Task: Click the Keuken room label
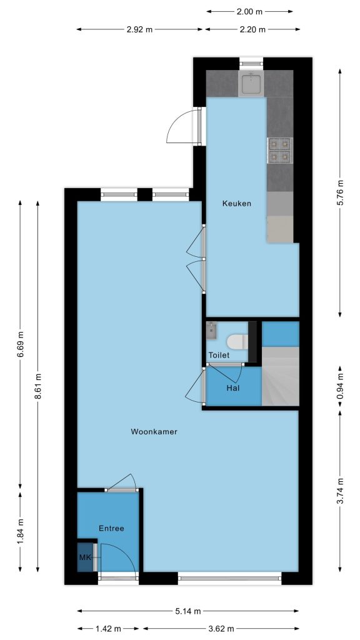236,203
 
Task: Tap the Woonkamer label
154,431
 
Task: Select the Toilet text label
219,355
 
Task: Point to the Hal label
232,387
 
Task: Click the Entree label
111,528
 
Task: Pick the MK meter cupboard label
85,557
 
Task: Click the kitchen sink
251,84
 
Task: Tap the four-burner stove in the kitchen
279,150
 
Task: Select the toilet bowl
237,342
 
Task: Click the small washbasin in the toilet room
211,330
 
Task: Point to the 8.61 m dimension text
37,386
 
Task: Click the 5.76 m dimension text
341,192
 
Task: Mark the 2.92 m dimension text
139,29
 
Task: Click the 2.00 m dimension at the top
249,11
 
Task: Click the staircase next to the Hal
281,376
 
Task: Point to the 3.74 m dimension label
341,491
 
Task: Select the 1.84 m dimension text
21,531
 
